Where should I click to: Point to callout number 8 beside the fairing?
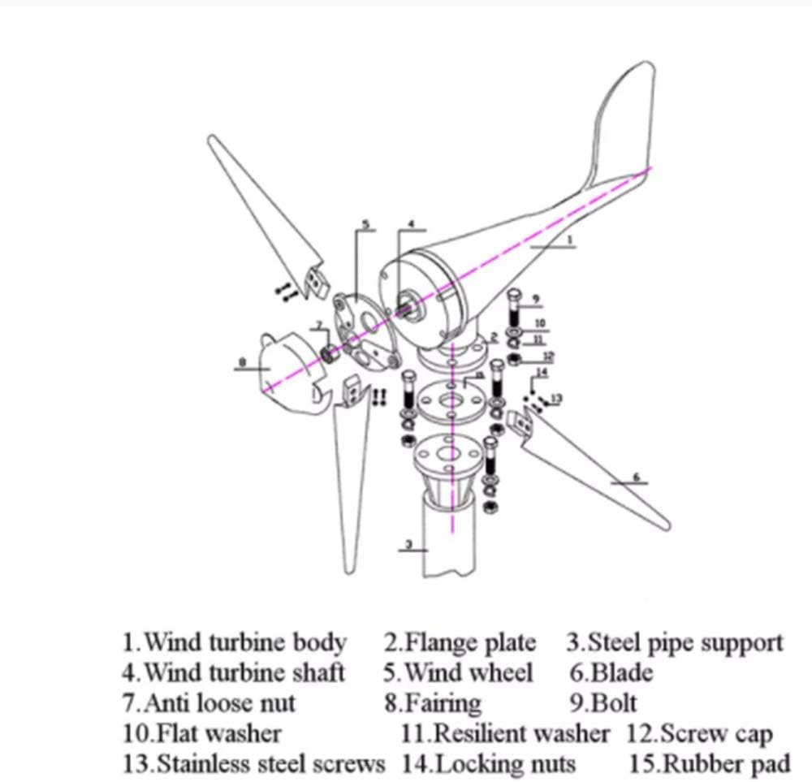[x=242, y=363]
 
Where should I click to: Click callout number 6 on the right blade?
[x=636, y=477]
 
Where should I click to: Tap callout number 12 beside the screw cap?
[x=548, y=356]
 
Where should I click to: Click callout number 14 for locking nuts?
[x=542, y=373]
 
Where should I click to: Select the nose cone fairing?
[x=280, y=369]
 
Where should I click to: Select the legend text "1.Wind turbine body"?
[x=235, y=643]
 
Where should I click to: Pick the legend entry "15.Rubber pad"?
[x=709, y=764]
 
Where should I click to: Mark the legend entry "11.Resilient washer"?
[x=504, y=733]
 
